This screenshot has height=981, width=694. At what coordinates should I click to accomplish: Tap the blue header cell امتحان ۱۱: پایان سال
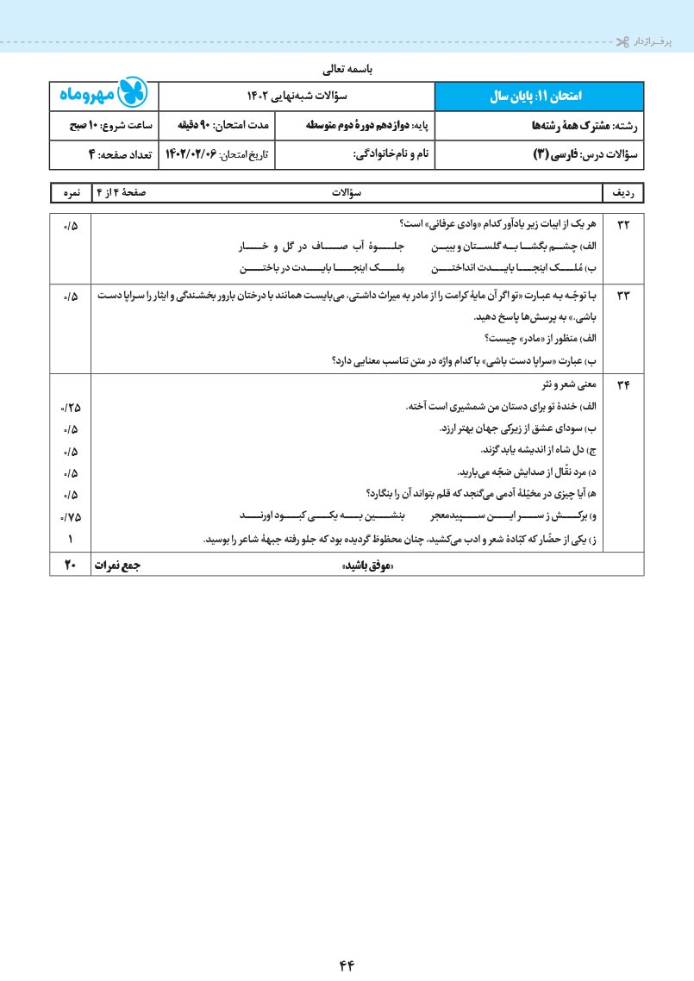tap(539, 96)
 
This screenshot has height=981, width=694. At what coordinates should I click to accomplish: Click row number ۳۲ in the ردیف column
tap(623, 225)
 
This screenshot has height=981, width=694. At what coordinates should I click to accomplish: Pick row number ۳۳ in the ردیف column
tap(623, 297)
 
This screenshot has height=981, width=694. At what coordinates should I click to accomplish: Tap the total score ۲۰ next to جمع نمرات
tap(71, 565)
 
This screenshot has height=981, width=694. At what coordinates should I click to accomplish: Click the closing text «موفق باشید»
tap(367, 565)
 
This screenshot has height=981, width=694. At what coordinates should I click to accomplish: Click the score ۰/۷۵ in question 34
tap(70, 517)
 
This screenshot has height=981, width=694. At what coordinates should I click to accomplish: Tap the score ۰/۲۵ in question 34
tap(70, 407)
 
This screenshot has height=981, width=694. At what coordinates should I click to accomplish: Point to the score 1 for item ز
tap(70, 540)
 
